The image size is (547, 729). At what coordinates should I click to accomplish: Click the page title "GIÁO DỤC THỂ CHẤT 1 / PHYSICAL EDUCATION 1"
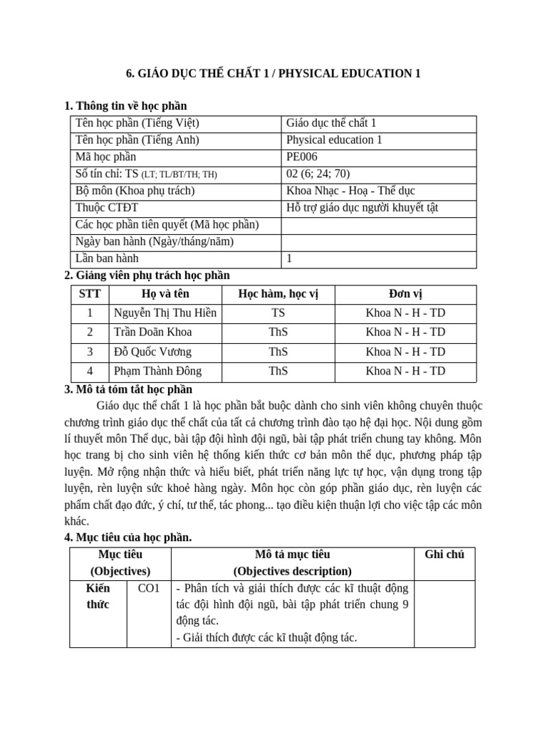[273, 74]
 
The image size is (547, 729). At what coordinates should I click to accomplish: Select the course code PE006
[301, 157]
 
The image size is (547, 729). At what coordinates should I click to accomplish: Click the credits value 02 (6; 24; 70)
[318, 174]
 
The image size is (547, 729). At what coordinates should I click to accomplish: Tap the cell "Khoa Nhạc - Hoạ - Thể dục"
[350, 191]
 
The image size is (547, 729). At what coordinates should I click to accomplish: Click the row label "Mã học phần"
[105, 157]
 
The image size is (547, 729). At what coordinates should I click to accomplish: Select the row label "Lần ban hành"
[107, 259]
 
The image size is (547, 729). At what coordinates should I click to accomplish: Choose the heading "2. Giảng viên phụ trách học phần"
[147, 276]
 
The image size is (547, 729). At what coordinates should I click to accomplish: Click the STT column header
[90, 294]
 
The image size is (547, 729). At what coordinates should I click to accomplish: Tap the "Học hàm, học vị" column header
[278, 294]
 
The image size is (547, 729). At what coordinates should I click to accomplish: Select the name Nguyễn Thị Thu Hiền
[165, 313]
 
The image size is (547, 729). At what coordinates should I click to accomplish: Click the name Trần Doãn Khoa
[152, 332]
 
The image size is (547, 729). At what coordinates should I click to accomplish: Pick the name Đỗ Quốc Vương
[152, 352]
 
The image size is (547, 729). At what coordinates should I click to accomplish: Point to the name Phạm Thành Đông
[157, 371]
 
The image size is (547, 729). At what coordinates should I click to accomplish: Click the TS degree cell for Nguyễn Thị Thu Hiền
[278, 313]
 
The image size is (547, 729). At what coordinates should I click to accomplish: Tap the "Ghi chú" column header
[444, 555]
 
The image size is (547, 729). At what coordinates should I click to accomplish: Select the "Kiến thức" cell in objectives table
[98, 597]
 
